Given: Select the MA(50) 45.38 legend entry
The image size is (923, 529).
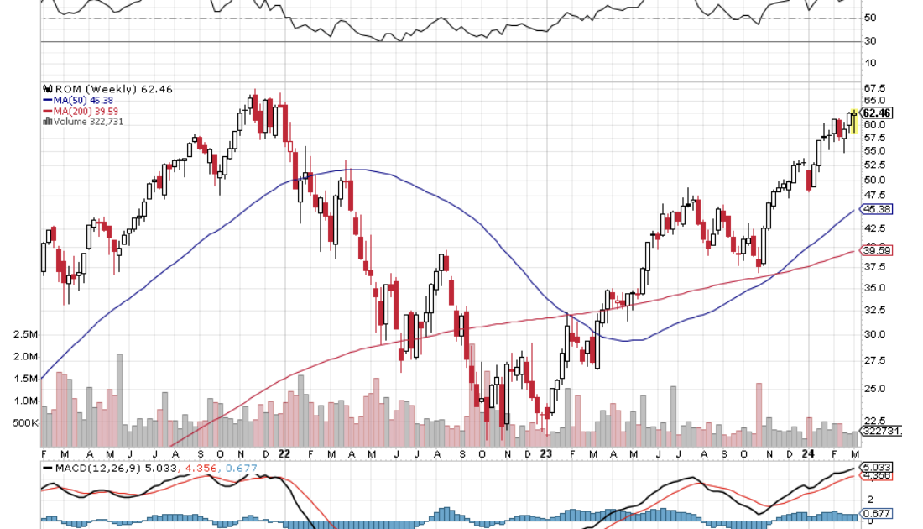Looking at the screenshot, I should [x=77, y=99].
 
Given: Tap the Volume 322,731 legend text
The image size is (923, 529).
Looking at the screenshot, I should [x=83, y=121].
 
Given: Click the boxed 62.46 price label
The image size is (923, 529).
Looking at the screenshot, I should [x=877, y=113].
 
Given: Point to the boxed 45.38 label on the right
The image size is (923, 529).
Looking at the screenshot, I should [x=877, y=209].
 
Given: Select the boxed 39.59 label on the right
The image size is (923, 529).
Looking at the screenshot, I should [x=877, y=250].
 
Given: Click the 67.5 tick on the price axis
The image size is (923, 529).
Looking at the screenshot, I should [x=875, y=87].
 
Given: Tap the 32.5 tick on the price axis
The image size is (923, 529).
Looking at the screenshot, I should [x=875, y=310].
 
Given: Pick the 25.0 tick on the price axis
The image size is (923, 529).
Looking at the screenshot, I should [x=875, y=389].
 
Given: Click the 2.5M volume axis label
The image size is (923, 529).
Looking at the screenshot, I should [x=25, y=334].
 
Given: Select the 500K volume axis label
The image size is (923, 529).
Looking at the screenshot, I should [x=25, y=422].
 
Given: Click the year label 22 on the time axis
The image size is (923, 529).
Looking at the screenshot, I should [x=284, y=453].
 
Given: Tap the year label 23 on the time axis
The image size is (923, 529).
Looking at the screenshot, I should [x=545, y=453].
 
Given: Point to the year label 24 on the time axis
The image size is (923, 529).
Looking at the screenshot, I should [x=806, y=453].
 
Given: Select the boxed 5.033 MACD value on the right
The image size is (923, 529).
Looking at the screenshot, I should [x=877, y=467].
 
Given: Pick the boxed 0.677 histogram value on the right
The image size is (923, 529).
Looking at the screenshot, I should [x=877, y=514].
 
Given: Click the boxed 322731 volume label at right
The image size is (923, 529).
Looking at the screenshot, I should [x=881, y=431].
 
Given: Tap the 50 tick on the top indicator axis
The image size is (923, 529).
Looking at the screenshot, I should [x=870, y=18].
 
